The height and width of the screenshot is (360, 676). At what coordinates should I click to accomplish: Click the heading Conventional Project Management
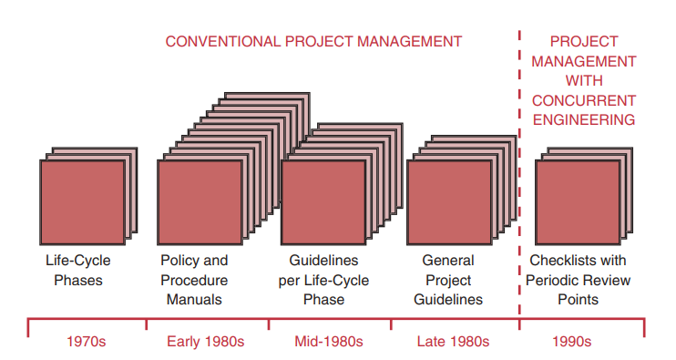click(313, 41)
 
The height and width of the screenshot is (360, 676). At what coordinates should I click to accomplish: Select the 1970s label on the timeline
click(88, 342)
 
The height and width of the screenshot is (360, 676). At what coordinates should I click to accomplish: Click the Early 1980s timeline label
click(207, 342)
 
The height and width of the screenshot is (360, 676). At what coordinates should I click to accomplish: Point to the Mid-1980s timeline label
click(329, 342)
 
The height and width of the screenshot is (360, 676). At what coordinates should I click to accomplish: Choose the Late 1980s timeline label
click(453, 342)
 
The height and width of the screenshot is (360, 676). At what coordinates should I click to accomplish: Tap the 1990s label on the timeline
click(571, 342)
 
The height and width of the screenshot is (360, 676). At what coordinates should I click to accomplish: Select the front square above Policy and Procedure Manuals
click(200, 201)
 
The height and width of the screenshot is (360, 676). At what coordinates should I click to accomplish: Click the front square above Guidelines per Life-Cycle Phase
click(323, 201)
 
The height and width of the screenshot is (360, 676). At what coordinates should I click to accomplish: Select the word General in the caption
click(448, 261)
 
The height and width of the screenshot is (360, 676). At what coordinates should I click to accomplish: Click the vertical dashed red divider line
click(519, 182)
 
